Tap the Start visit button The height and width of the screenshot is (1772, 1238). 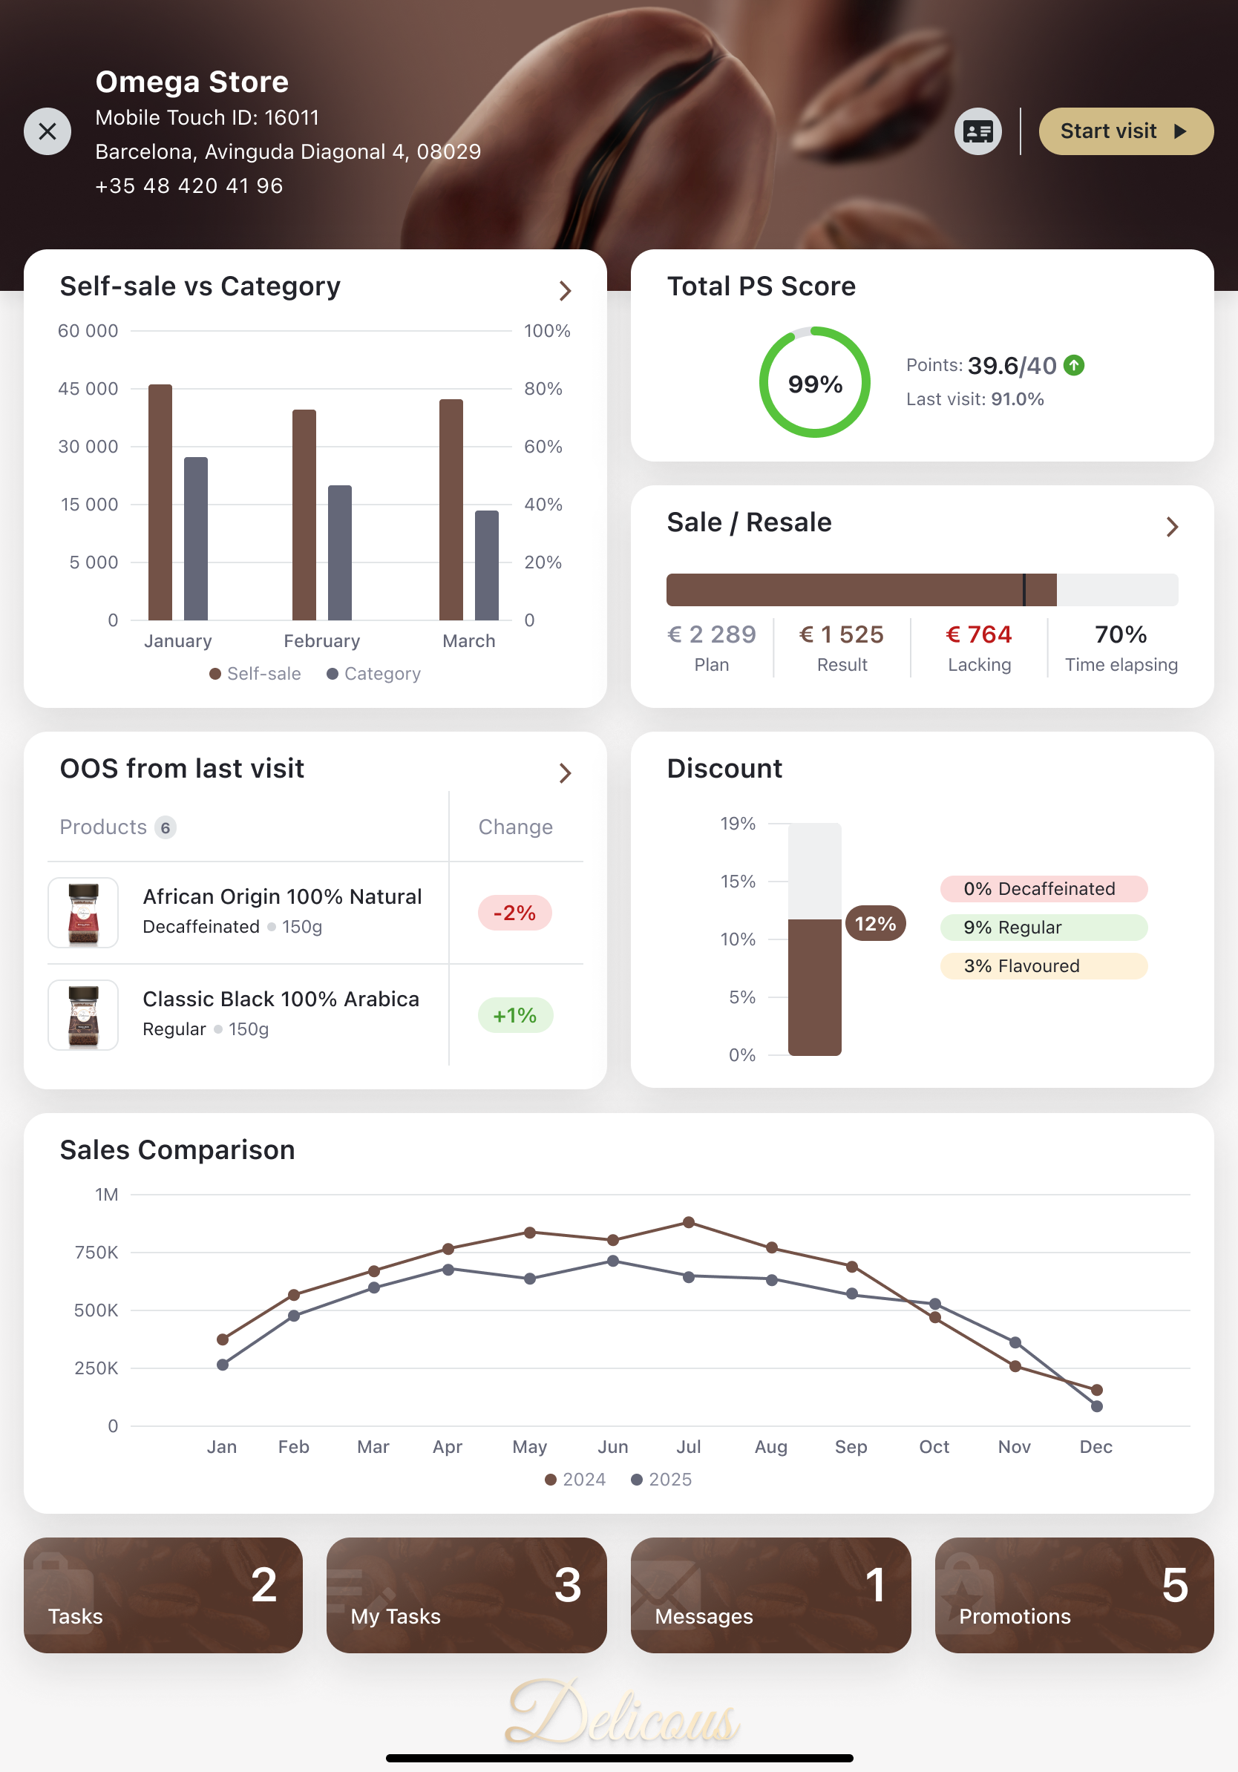point(1125,131)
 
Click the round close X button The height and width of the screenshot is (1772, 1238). point(48,131)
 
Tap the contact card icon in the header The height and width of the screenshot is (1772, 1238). point(978,131)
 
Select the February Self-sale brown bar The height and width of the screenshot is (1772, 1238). point(304,515)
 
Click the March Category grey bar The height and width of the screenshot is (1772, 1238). point(486,565)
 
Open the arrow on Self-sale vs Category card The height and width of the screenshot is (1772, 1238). point(565,291)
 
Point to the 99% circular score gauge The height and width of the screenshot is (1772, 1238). point(814,383)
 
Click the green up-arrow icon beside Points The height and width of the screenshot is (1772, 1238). point(1074,365)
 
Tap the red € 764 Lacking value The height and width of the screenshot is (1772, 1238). point(979,634)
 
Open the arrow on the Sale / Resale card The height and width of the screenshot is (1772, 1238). point(1172,527)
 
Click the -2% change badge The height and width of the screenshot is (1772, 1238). point(515,913)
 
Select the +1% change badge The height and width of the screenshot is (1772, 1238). point(515,1016)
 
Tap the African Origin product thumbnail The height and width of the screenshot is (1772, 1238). point(83,913)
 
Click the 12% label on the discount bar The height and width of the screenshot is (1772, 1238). point(875,924)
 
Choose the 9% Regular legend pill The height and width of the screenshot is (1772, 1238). point(1044,928)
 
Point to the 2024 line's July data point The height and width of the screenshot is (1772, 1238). point(689,1222)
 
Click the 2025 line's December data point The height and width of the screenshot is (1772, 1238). point(1097,1406)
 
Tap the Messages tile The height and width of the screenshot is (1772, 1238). point(770,1595)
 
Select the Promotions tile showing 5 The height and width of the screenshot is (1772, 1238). point(1074,1595)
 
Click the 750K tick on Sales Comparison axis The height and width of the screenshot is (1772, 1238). point(96,1253)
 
